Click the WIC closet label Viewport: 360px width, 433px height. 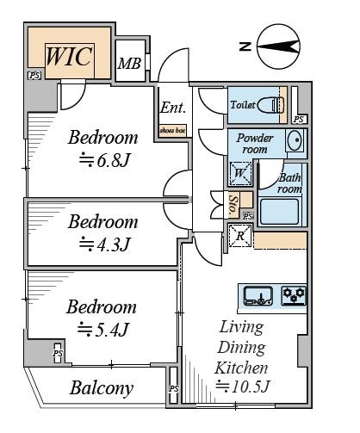pyautogui.click(x=69, y=57)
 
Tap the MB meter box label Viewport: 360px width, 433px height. pyautogui.click(x=129, y=64)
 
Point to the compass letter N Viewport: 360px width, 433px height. pyautogui.click(x=245, y=46)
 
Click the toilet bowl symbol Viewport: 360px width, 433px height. pyautogui.click(x=271, y=105)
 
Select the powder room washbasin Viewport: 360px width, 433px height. pyautogui.click(x=295, y=140)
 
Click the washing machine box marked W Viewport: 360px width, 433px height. pyautogui.click(x=240, y=173)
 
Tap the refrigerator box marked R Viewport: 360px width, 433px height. pyautogui.click(x=240, y=236)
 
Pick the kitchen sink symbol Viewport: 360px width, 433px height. pyautogui.click(x=258, y=296)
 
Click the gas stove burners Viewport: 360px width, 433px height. pyautogui.click(x=294, y=295)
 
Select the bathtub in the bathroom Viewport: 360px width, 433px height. pyautogui.click(x=280, y=212)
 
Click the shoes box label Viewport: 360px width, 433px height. pyautogui.click(x=172, y=130)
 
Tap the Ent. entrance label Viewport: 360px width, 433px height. pyautogui.click(x=173, y=108)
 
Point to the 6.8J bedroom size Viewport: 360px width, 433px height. pyautogui.click(x=105, y=160)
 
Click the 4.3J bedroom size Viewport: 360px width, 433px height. pyautogui.click(x=105, y=244)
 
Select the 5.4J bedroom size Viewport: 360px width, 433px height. pyautogui.click(x=103, y=329)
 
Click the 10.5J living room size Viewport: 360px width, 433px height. pyautogui.click(x=243, y=386)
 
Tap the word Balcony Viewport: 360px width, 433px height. pyautogui.click(x=102, y=388)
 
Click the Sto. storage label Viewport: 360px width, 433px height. pyautogui.click(x=233, y=205)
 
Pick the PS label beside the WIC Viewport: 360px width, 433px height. pyautogui.click(x=34, y=76)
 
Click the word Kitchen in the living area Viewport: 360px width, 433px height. pyautogui.click(x=241, y=368)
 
